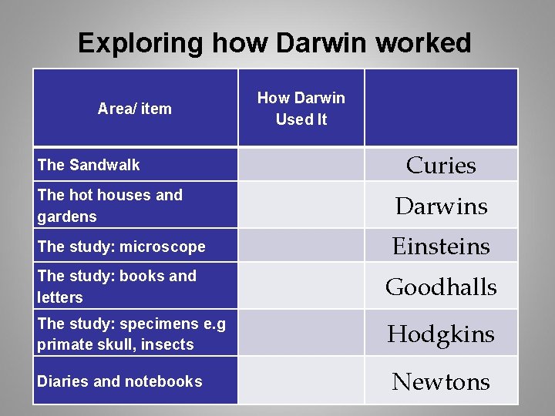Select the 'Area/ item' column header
click(x=135, y=109)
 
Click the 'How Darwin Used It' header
click(x=301, y=109)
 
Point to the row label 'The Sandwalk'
click(x=89, y=165)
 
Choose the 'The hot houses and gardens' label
click(x=109, y=206)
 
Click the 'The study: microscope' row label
click(x=121, y=247)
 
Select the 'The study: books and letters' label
click(x=116, y=287)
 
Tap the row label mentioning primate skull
click(x=131, y=334)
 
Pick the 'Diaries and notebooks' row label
click(x=119, y=381)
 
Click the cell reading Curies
click(x=441, y=165)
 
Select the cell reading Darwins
click(x=441, y=206)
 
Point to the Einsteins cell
click(x=441, y=247)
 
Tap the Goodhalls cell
click(x=441, y=287)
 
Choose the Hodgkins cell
click(x=441, y=334)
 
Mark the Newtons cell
click(x=441, y=381)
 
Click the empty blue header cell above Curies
click(x=441, y=108)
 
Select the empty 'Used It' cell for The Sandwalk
click(x=301, y=165)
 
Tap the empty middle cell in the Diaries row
click(x=301, y=381)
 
